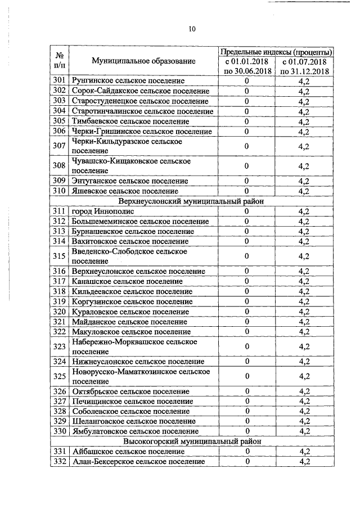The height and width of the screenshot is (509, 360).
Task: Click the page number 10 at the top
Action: [x=192, y=29]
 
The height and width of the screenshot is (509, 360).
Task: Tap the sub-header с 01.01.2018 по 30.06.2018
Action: [x=247, y=66]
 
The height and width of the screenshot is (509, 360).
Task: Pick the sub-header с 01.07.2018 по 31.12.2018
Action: [x=304, y=66]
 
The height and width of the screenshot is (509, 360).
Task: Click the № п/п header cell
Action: [x=59, y=61]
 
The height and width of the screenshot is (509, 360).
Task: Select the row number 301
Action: [x=59, y=81]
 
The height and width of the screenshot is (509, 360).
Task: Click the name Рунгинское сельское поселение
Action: [x=128, y=81]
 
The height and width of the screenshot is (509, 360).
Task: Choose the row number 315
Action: [x=59, y=256]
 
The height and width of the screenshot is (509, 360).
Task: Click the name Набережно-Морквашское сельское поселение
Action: [x=134, y=346]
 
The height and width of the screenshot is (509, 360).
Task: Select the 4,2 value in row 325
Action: [x=304, y=376]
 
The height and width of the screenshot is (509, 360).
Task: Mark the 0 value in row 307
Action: [x=247, y=146]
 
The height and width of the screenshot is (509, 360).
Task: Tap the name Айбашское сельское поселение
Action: [x=128, y=452]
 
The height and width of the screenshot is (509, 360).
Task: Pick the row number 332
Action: [x=59, y=462]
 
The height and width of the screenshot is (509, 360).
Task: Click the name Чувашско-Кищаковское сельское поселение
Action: [x=131, y=166]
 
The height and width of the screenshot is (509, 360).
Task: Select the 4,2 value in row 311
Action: [x=304, y=211]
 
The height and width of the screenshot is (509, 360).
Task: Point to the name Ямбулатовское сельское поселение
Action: [x=135, y=431]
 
